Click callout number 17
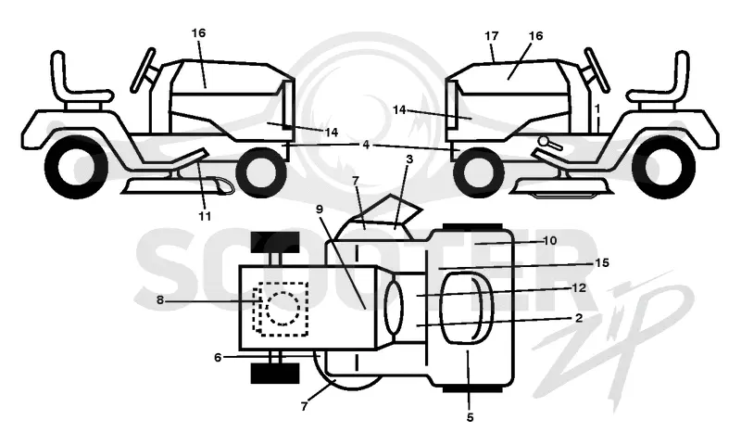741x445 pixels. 492,36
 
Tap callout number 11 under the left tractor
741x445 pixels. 204,216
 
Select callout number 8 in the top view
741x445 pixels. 160,300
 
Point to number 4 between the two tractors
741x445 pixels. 366,145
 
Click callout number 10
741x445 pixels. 549,241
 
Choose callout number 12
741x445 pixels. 579,287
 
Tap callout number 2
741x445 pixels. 579,318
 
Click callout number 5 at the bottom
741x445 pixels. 470,417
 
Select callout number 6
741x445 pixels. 218,358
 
